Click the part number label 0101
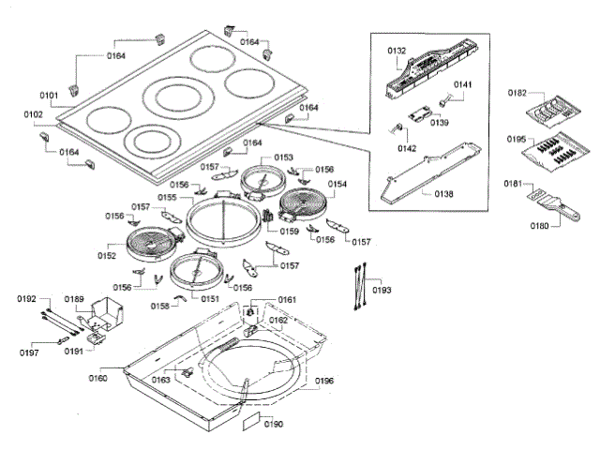click(49, 95)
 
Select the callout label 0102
click(34, 114)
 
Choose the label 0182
click(517, 93)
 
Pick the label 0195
click(517, 139)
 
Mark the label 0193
click(382, 291)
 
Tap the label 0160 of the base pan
click(97, 378)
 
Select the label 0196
click(324, 381)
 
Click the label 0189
click(74, 299)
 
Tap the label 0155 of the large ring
click(168, 198)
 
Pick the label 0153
click(283, 157)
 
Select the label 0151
click(210, 298)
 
